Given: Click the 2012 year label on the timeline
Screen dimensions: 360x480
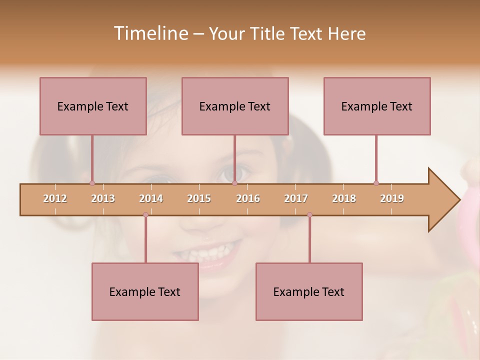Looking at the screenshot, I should (x=55, y=198).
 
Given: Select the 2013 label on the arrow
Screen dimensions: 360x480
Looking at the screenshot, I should (x=103, y=198).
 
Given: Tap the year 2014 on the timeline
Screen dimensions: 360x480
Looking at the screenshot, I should (x=151, y=198).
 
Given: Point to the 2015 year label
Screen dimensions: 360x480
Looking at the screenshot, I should (x=199, y=198).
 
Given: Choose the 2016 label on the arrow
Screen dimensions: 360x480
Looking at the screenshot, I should (x=248, y=198).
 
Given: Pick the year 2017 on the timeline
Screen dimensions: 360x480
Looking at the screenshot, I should (x=296, y=198).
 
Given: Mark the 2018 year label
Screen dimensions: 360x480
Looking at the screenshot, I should (x=344, y=198).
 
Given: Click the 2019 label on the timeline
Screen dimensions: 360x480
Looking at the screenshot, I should (x=392, y=198).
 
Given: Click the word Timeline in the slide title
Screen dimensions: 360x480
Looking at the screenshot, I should (x=150, y=33).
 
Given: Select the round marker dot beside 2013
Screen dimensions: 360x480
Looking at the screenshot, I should (x=92, y=183).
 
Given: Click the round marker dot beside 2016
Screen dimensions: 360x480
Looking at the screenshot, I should (x=234, y=183).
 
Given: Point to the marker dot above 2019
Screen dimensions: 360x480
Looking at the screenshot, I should (x=376, y=183).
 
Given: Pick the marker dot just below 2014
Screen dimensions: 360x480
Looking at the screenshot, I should (x=145, y=215).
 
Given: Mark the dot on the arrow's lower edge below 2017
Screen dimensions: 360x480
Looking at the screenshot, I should (x=309, y=215).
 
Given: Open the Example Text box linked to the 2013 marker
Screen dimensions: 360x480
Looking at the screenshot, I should (x=93, y=106).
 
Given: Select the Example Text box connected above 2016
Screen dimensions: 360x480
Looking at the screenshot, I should (x=235, y=106).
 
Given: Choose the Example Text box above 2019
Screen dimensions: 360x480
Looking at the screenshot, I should (x=377, y=106).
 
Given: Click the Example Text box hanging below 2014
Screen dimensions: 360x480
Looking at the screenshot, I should (x=145, y=291).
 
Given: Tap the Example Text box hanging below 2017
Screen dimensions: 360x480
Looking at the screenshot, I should (x=309, y=291).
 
